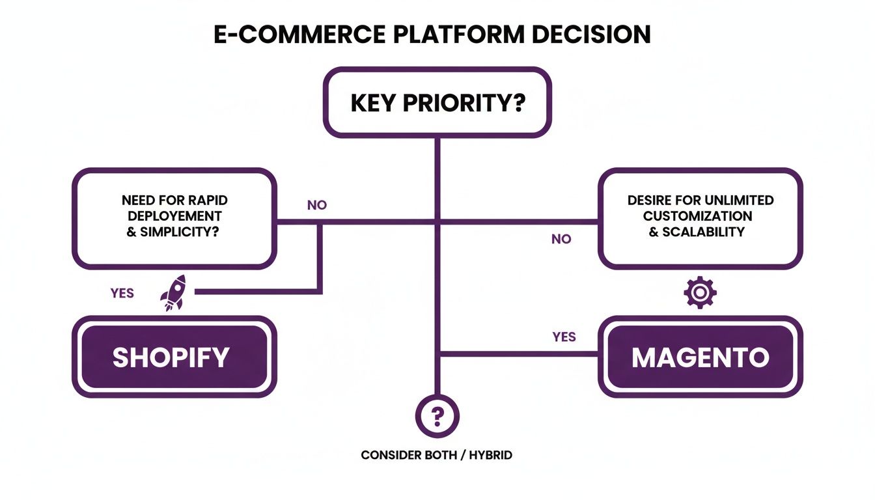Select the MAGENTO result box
coord(700,357)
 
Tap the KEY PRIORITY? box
coord(437,103)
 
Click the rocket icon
coord(173,292)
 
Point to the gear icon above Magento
coord(700,292)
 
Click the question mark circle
coord(437,415)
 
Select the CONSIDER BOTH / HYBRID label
coord(436,455)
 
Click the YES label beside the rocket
coord(122,293)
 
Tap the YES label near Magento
coord(564,337)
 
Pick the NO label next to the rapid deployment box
coord(316,205)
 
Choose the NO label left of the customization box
coord(561,239)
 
